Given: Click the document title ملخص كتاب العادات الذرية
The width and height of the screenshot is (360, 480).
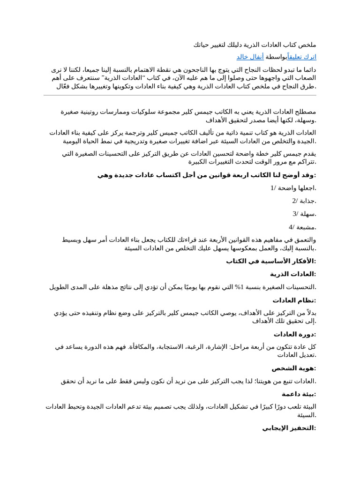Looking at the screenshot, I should pyautogui.click(x=255, y=45).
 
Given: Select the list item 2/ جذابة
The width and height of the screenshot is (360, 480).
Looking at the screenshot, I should pyautogui.click(x=304, y=201).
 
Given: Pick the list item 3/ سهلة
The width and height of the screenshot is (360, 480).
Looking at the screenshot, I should pyautogui.click(x=304, y=214).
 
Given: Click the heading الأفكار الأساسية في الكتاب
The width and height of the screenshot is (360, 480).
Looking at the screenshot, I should pyautogui.click(x=271, y=261).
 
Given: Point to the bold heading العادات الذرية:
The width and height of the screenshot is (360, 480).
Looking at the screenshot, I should pyautogui.click(x=293, y=274).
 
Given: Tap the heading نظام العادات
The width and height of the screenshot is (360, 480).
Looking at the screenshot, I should pyautogui.click(x=294, y=300).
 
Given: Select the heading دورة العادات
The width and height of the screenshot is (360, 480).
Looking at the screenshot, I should pyautogui.click(x=295, y=334).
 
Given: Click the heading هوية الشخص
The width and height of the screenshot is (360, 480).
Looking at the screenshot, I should pyautogui.click(x=294, y=368).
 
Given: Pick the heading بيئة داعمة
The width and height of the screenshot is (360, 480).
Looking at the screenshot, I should pyautogui.click(x=299, y=394).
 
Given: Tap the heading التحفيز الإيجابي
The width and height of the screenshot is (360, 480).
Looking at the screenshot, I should pyautogui.click(x=289, y=428).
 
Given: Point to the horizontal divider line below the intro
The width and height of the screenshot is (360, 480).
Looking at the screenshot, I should pyautogui.click(x=180, y=96).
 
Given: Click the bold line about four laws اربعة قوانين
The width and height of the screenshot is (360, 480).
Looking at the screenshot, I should pyautogui.click(x=207, y=175).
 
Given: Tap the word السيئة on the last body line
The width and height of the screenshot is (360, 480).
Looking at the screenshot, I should pyautogui.click(x=307, y=415).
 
